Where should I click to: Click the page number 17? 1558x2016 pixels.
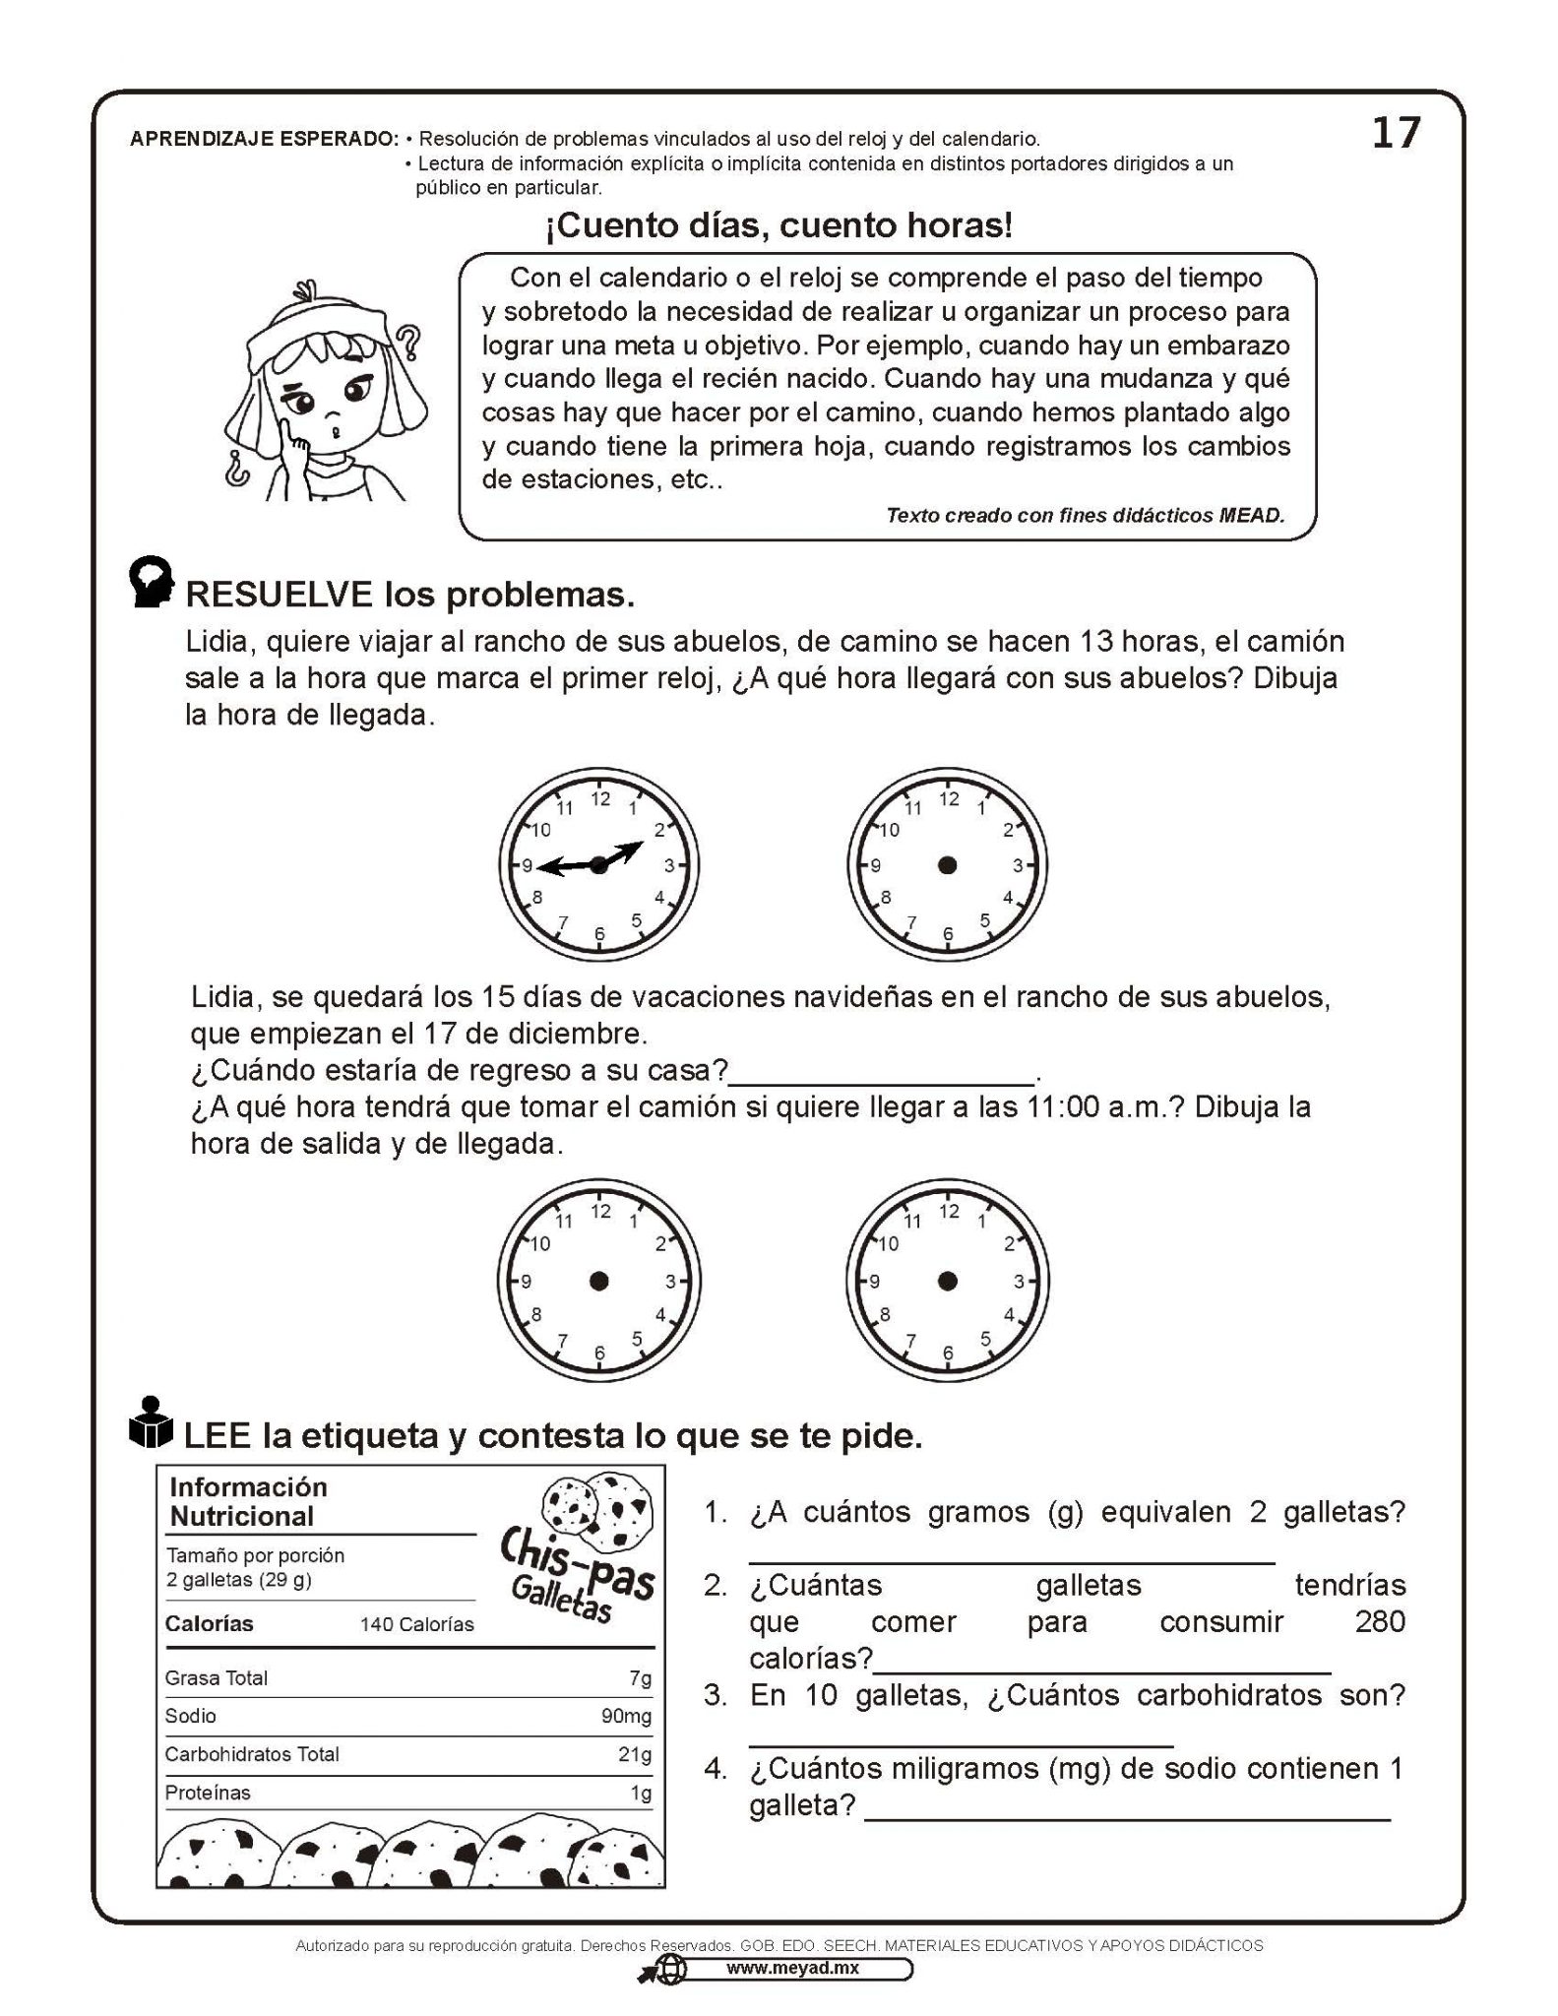click(1396, 133)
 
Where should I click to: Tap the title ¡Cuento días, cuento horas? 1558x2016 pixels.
click(779, 226)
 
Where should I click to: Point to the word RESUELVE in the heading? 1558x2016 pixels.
click(280, 595)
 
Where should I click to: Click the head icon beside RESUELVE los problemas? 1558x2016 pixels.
click(152, 584)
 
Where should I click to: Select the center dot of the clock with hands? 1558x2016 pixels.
click(598, 865)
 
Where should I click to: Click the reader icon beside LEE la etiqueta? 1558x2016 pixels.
click(151, 1424)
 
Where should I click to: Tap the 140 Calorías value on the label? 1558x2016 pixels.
click(416, 1624)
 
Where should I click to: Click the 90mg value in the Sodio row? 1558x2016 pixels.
click(626, 1716)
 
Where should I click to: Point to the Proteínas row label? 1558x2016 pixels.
click(208, 1793)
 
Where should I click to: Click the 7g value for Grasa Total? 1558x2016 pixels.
click(640, 1677)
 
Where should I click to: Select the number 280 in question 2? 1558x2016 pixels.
click(1379, 1621)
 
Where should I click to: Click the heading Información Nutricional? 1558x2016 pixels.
click(247, 1501)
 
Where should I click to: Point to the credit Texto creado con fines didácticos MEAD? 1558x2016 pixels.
click(1085, 515)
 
